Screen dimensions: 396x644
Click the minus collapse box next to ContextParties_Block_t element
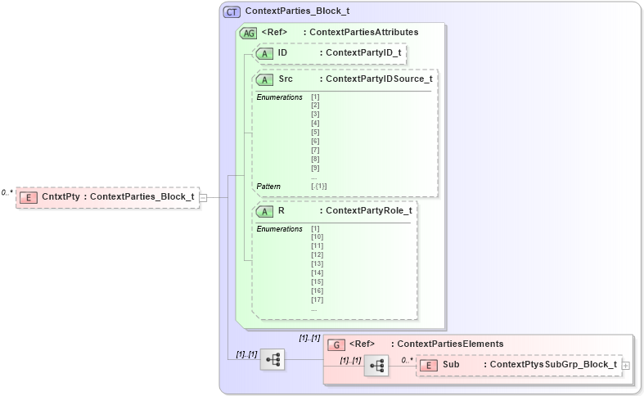pos(203,196)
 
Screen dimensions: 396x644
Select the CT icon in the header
pos(232,13)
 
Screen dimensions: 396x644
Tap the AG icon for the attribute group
pos(248,33)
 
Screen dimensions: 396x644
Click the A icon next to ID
pos(265,53)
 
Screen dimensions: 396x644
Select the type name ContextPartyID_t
pos(363,53)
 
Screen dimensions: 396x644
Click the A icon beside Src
pos(265,79)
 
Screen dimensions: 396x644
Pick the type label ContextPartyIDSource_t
pos(378,79)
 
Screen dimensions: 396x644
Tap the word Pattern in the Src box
pos(268,186)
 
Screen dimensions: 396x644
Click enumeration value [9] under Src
pos(315,168)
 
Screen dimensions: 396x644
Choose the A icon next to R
pos(265,211)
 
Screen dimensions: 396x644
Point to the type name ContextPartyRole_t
pos(368,211)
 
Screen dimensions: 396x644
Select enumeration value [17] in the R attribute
pos(317,299)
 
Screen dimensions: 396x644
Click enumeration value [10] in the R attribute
pos(317,236)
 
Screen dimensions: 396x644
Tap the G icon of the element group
pos(335,344)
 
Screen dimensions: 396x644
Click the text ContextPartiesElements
pos(447,344)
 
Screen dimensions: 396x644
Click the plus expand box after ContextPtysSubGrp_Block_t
pos(626,365)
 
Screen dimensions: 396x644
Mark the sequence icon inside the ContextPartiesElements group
pos(376,366)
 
